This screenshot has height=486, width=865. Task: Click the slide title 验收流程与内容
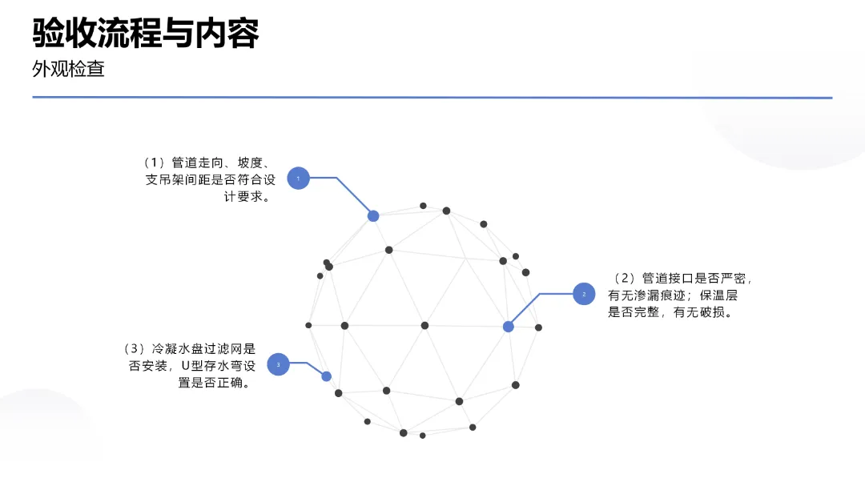pyautogui.click(x=146, y=33)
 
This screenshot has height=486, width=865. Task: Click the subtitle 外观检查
pyautogui.click(x=68, y=69)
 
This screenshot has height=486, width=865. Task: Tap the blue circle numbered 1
pyautogui.click(x=298, y=178)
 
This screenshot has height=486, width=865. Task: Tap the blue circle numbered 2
pyautogui.click(x=584, y=294)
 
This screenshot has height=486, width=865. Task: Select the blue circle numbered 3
pyautogui.click(x=278, y=364)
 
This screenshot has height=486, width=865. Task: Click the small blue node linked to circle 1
pyautogui.click(x=373, y=216)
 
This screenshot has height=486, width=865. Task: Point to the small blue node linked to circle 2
pyautogui.click(x=508, y=327)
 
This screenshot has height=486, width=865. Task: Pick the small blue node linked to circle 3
pyautogui.click(x=326, y=376)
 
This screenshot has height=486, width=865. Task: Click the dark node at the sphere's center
pyautogui.click(x=424, y=325)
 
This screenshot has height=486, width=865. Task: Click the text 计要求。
pyautogui.click(x=248, y=197)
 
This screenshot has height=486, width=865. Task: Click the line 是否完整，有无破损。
pyautogui.click(x=671, y=313)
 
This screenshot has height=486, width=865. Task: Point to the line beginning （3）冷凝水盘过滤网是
pyautogui.click(x=188, y=348)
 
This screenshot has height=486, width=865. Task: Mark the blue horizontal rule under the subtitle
pyautogui.click(x=432, y=98)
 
